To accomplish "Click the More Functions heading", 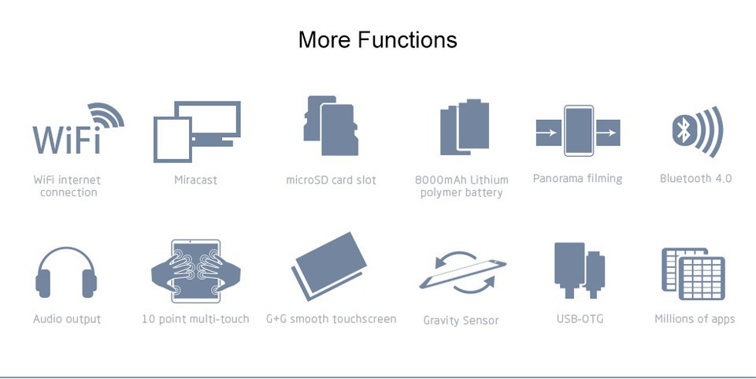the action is pos(377,39).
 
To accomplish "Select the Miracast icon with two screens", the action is pos(197,131).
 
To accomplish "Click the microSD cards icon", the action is pos(331,126).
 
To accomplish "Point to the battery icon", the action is pos(465,128).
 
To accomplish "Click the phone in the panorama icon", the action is pos(579,131).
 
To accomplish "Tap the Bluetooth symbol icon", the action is pos(698,132).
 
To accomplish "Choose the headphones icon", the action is pos(66,272).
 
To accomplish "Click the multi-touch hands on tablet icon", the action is pos(196,271).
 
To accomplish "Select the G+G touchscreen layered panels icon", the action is pos(329,266).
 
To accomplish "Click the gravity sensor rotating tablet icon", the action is pos(462,273).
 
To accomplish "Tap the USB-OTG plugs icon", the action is pos(580,270).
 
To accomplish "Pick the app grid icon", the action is pos(693,273).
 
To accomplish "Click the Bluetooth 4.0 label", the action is pos(695,178).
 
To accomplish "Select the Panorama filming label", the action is pos(577,179).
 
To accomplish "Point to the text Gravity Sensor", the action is pos(461,321).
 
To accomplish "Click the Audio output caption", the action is pos(67,319).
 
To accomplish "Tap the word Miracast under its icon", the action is pos(196,180).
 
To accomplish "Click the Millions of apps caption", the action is pos(695,319).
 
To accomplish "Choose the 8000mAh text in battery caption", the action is pos(441,180).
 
